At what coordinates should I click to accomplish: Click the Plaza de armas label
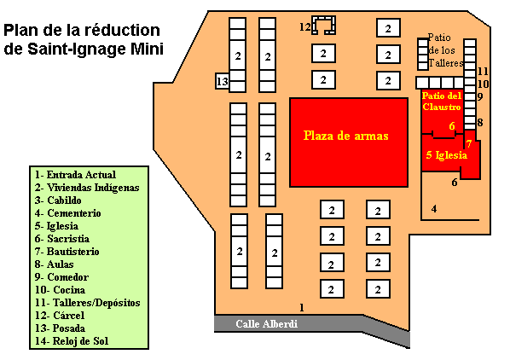point(345,136)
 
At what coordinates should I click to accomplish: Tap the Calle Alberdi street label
point(266,324)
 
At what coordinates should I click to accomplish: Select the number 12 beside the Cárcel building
point(304,26)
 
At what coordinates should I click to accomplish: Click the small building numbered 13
point(223,81)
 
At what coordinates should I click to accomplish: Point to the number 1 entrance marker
point(302,307)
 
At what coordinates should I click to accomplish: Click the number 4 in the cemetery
point(434,209)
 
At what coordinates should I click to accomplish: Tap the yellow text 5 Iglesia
point(447,155)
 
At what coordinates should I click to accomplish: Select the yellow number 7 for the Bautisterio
point(469,143)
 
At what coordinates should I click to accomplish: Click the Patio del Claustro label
point(442,102)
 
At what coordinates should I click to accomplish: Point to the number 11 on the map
point(483,71)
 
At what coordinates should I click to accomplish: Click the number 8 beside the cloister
point(480,123)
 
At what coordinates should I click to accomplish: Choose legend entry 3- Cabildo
point(58,200)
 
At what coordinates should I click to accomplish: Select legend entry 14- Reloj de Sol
point(72,341)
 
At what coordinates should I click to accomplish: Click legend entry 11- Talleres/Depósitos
point(88,303)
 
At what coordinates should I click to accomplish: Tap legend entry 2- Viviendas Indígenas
point(87,188)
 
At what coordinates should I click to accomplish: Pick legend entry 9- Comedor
point(61,277)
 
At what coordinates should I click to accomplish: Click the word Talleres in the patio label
point(446,63)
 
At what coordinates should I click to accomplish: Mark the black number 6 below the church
point(455,183)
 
